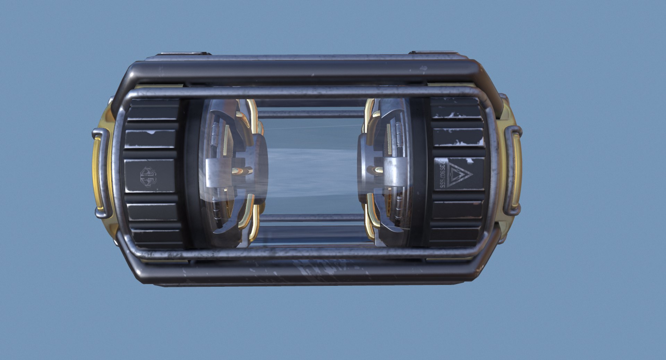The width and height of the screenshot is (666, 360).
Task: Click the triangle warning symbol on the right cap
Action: point(459,174)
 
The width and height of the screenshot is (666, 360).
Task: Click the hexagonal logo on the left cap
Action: point(148,177)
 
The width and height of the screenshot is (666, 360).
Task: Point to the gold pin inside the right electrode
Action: point(377,170)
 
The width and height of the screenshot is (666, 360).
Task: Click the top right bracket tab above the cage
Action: point(434,53)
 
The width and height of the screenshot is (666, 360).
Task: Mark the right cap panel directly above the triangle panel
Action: point(459,138)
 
